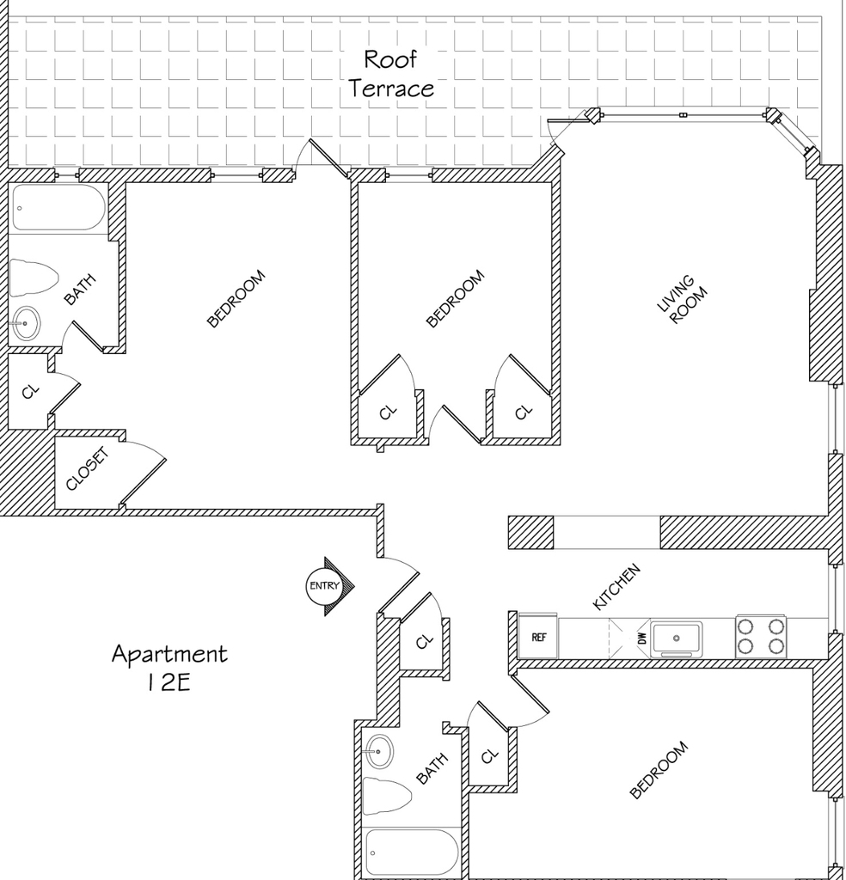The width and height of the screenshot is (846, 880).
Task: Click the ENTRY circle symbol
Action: pos(324,586)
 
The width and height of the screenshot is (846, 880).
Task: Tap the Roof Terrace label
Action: pos(390,74)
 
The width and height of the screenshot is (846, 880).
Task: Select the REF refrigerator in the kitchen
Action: pos(538,637)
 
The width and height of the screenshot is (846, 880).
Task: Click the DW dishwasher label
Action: pos(643,639)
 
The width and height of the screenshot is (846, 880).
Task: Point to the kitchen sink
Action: pos(677,639)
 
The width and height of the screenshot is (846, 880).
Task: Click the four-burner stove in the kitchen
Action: pos(761,637)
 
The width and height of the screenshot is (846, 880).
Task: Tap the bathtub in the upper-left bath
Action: pos(58,208)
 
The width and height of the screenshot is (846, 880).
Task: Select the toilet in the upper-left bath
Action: pos(34,278)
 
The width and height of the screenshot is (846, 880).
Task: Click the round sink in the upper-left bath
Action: pos(26,323)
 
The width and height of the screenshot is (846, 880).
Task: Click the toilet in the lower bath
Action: pos(388,795)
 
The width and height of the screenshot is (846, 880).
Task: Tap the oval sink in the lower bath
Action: pos(378,751)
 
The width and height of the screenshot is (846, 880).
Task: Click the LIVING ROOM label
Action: pos(682,300)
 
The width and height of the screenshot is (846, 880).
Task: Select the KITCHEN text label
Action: pos(616,586)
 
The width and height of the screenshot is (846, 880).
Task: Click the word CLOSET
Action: pos(87,468)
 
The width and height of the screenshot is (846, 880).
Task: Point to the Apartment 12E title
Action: pos(169,668)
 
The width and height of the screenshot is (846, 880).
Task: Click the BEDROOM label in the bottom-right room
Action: pos(659,769)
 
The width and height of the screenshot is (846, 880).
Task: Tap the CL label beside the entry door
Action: pos(425,641)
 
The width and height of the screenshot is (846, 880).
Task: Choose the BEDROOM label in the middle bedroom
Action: pos(456,298)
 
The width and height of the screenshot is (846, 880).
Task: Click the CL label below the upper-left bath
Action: pos(31,391)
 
